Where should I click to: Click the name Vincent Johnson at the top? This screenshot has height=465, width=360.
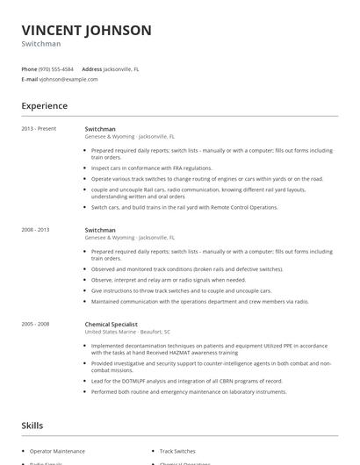86,30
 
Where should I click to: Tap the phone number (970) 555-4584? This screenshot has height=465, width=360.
57,68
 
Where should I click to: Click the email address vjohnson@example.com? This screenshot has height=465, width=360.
68,79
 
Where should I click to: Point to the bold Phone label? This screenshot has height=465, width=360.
29,68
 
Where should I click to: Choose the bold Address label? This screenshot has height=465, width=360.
91,68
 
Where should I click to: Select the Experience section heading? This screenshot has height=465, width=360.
44,106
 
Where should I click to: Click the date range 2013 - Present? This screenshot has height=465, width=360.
39,129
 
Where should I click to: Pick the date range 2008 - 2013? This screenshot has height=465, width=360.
37,229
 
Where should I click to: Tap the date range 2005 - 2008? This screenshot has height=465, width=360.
37,324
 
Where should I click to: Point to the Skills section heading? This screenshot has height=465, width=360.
32,426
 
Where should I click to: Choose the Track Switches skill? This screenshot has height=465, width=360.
177,450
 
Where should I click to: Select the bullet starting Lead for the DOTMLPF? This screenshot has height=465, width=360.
189,382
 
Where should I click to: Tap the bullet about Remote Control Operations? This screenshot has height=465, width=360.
171,207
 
